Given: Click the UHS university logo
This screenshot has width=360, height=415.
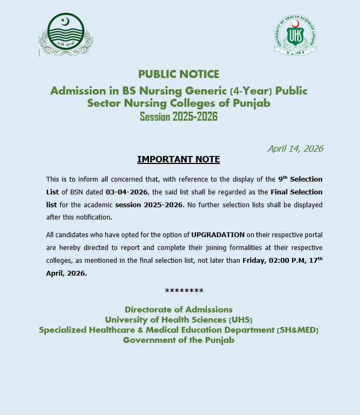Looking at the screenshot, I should [295, 34].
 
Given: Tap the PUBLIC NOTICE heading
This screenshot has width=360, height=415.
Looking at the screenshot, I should [178, 74].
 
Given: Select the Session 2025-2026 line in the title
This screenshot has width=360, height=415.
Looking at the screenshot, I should [178, 116].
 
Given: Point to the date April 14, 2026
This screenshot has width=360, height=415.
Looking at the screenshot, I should [295, 148].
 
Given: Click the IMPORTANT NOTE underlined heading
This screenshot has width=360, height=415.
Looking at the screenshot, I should [178, 159].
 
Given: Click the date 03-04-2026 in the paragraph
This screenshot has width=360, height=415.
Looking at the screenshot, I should [126, 192].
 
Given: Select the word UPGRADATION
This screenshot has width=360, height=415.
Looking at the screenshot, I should [218, 234].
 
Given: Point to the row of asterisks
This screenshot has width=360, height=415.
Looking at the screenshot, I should [184, 291].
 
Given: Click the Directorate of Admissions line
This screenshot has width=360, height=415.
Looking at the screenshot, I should [178, 309].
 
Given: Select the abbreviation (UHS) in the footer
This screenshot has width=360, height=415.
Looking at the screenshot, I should [240, 320].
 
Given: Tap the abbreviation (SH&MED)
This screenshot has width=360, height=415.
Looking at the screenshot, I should [298, 330].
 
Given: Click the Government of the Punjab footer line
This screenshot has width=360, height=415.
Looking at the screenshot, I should [178, 340].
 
